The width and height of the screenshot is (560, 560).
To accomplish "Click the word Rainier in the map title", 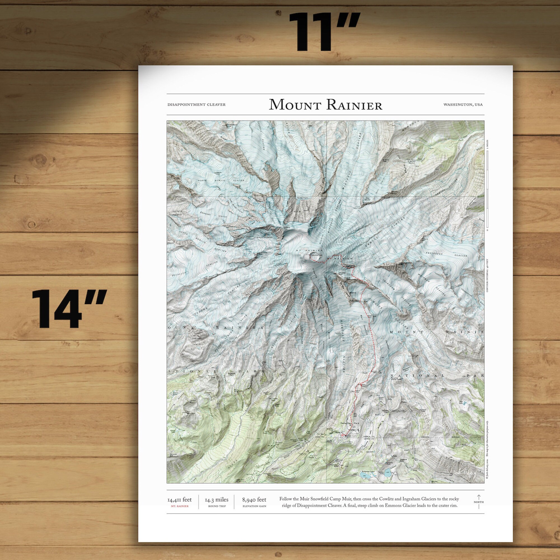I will click(354, 105).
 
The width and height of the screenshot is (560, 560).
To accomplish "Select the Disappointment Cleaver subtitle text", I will click(196, 105).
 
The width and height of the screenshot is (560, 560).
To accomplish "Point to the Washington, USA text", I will click(463, 105).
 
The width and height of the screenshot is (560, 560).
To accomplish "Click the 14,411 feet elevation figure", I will click(179, 500).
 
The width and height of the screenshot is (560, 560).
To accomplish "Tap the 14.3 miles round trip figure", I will click(216, 500).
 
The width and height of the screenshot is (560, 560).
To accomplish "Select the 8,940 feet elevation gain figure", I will click(254, 500).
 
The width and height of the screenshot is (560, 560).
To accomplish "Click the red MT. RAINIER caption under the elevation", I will click(179, 506).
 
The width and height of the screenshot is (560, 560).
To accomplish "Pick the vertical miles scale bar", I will click(487, 191).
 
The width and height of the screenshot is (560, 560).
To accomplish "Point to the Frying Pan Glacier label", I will click(448, 254).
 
